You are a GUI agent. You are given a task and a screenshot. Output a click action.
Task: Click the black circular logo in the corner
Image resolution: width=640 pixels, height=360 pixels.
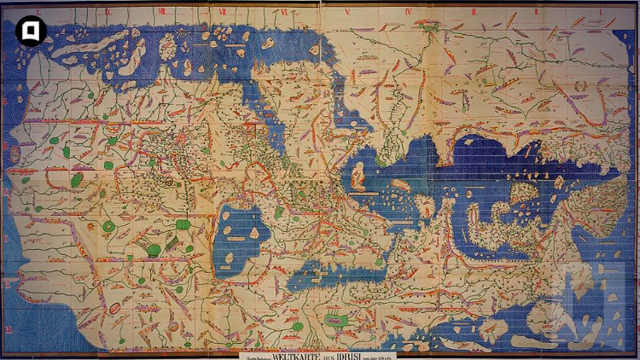[31, 32]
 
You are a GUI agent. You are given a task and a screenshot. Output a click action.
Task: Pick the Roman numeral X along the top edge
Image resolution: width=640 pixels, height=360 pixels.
[37, 11]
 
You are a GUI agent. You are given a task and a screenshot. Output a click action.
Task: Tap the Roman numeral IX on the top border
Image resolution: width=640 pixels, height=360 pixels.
[108, 10]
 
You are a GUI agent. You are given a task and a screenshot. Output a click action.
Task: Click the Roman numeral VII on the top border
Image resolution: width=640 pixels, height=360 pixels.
[224, 10]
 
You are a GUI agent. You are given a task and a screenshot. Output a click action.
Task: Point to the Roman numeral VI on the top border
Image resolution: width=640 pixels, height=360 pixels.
[284, 10]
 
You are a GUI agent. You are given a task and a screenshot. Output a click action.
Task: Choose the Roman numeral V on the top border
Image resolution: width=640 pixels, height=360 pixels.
[348, 11]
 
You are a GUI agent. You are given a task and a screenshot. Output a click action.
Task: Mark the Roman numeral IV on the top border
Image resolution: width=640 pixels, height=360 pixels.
[409, 11]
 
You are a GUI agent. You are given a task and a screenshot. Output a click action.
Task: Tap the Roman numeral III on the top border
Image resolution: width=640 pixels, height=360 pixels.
[474, 11]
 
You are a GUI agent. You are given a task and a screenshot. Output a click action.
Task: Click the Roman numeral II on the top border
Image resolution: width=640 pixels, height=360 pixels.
[537, 11]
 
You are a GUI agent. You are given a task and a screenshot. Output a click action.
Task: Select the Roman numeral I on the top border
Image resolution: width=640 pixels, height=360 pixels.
[601, 11]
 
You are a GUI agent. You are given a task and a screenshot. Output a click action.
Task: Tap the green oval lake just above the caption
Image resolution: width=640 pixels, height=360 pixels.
[335, 322]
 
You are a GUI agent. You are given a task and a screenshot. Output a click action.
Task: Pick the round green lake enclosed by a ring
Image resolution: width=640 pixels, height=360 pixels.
[108, 226]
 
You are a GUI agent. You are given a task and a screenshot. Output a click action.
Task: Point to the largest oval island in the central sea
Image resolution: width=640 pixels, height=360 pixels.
[359, 177]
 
